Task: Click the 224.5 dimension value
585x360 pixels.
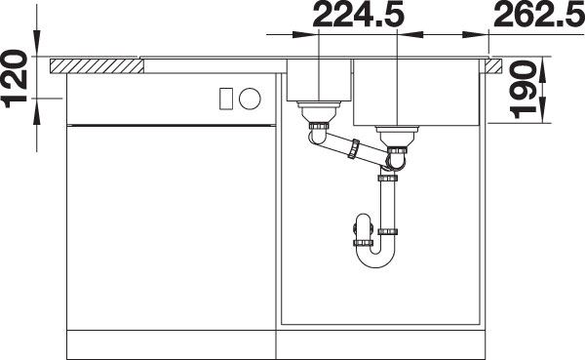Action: (x=358, y=14)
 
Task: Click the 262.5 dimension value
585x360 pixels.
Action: (x=539, y=14)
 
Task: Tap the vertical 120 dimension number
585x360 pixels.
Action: (x=16, y=78)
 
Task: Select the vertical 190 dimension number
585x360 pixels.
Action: (x=523, y=90)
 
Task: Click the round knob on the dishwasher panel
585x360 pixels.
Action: (x=250, y=99)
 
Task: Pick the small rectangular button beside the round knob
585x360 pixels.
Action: (x=226, y=99)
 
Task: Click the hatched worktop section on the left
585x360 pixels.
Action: (x=97, y=65)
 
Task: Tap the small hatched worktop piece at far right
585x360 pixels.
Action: (x=493, y=65)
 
